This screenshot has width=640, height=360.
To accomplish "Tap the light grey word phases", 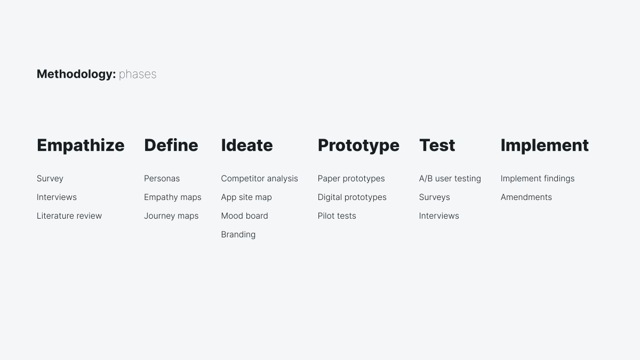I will pyautogui.click(x=138, y=74).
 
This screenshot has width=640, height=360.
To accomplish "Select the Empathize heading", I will pyautogui.click(x=81, y=145).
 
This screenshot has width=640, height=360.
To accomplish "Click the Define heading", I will pyautogui.click(x=171, y=145).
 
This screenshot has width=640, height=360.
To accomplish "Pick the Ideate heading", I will pyautogui.click(x=246, y=145).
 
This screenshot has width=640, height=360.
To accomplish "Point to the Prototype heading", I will pyautogui.click(x=358, y=145).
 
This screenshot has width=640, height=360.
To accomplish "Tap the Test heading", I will pyautogui.click(x=437, y=145).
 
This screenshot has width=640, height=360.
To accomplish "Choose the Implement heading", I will pyautogui.click(x=545, y=145).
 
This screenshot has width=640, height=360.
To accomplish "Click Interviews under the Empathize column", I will pyautogui.click(x=57, y=197).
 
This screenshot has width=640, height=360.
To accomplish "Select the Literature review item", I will pyautogui.click(x=69, y=216).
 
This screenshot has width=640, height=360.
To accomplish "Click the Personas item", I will pyautogui.click(x=162, y=179).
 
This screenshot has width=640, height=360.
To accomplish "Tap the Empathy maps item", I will pyautogui.click(x=173, y=197).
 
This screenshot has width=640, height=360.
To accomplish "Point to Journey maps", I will pyautogui.click(x=171, y=216).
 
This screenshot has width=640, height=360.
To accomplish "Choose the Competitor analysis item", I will pyautogui.click(x=259, y=179).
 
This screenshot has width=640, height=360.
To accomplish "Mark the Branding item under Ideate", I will pyautogui.click(x=238, y=235).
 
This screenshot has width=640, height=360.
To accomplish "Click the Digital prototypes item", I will pyautogui.click(x=352, y=197).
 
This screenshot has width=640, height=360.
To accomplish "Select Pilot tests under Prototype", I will pyautogui.click(x=337, y=216).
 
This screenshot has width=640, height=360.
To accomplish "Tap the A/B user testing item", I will pyautogui.click(x=450, y=179).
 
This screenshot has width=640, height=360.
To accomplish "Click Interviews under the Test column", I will pyautogui.click(x=439, y=216).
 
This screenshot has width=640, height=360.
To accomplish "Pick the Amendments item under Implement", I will pyautogui.click(x=526, y=197).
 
